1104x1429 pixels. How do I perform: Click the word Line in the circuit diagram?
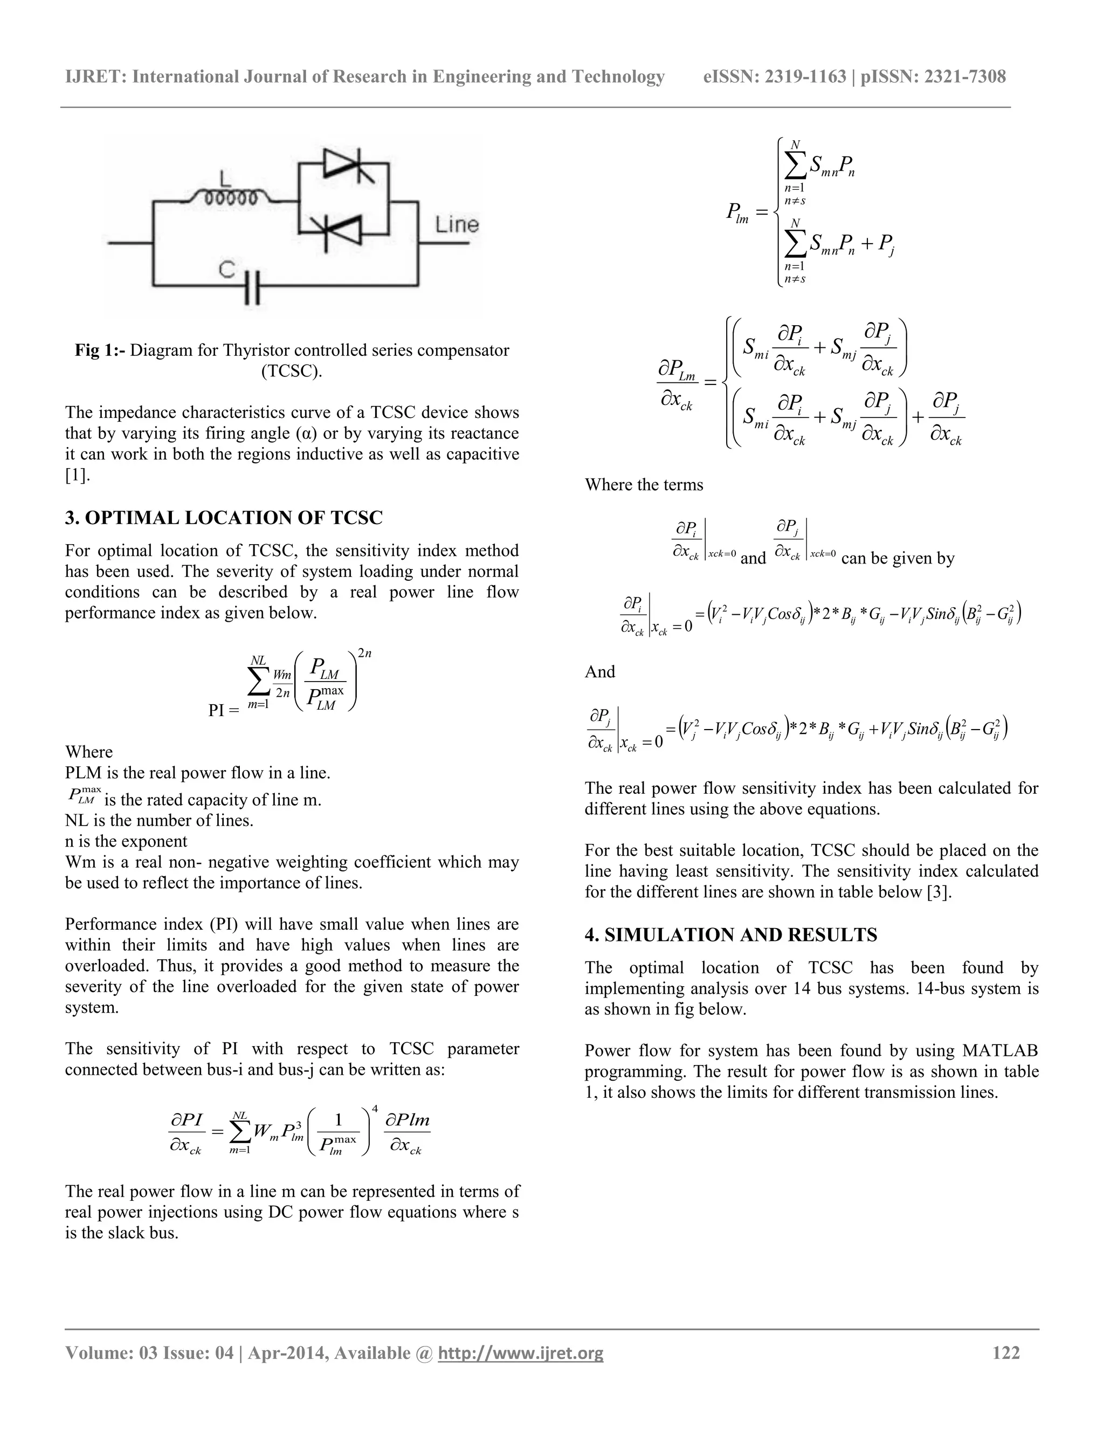point(457,225)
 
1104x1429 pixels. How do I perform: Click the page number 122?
point(1006,1352)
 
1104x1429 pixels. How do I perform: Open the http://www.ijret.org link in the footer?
point(521,1353)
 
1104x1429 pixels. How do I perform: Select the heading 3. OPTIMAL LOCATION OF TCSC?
point(224,518)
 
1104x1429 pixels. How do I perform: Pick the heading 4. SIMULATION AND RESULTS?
point(730,935)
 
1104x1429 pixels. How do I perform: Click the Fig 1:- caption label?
point(100,351)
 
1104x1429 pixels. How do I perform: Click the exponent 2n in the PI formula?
point(364,654)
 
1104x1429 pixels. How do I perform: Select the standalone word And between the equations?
point(600,672)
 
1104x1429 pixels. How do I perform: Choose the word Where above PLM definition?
point(89,752)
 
